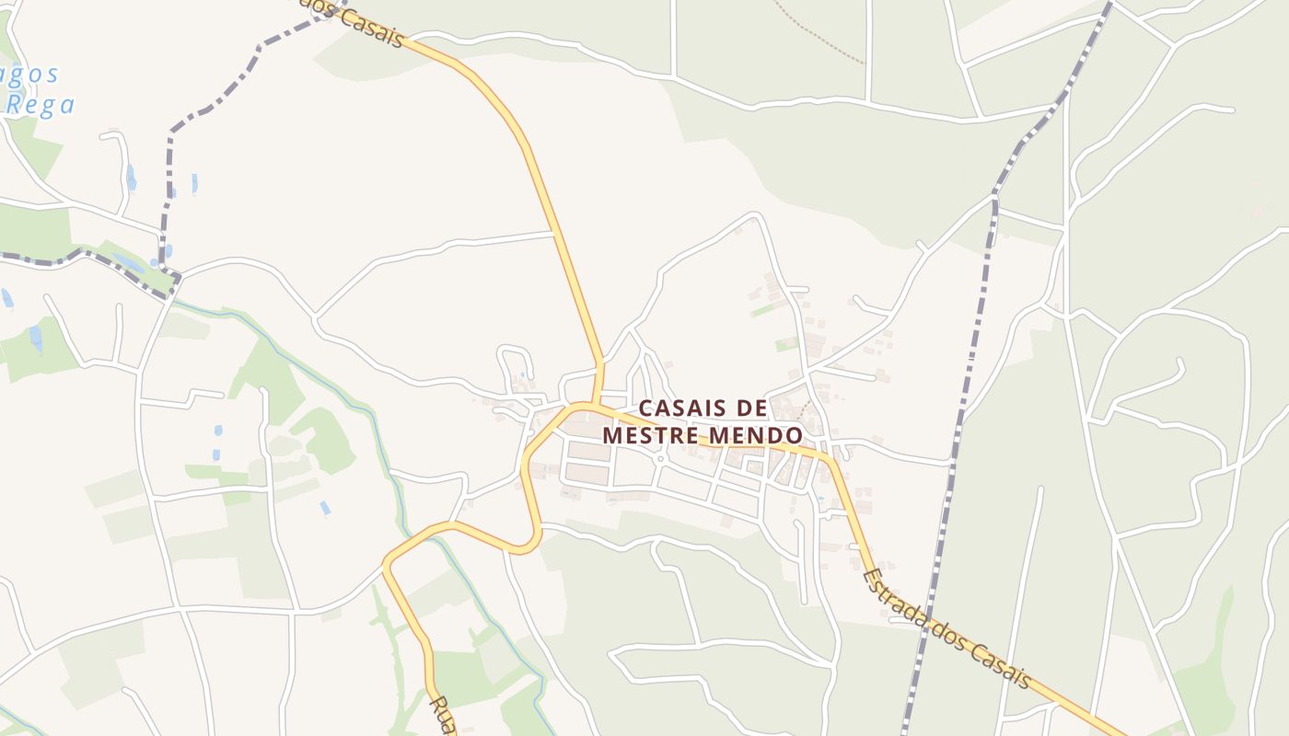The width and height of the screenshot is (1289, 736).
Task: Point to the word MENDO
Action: tap(756, 434)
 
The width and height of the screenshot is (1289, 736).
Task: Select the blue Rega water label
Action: tap(41, 104)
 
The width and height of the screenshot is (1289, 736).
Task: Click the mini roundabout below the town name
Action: tap(660, 458)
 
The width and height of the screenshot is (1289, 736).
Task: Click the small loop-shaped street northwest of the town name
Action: tap(516, 362)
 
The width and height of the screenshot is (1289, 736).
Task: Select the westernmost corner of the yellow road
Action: tap(387, 563)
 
